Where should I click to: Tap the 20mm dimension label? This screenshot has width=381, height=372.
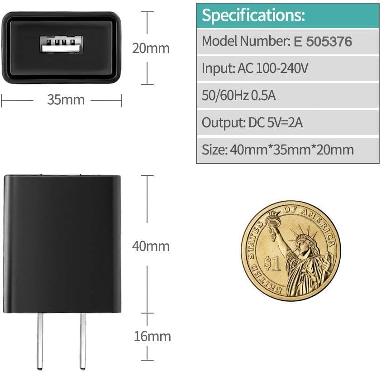pos(151,48)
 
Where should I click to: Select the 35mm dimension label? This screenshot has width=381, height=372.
pos(66,100)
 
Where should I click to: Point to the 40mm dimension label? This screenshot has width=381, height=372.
pos(151,246)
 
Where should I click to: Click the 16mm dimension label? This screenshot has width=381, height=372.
pos(152,336)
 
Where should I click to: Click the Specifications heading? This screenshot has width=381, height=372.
pos(253,15)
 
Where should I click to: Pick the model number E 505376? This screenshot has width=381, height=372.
pos(323,42)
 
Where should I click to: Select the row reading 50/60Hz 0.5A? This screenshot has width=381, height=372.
pos(239,96)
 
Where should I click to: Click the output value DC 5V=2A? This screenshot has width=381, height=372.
pos(276,122)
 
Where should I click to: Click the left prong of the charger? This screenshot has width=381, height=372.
pos(40,340)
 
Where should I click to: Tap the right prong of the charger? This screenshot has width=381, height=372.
pos(82,340)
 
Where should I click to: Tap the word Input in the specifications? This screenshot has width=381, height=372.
pos(217,69)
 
